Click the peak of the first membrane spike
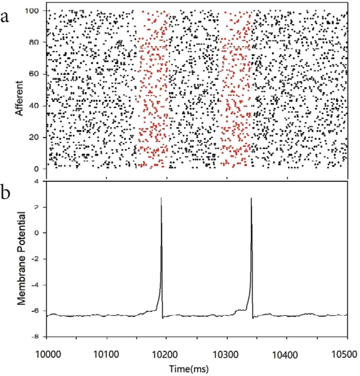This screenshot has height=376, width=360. pos(161,197)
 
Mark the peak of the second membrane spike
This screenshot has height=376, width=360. pos(251,198)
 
